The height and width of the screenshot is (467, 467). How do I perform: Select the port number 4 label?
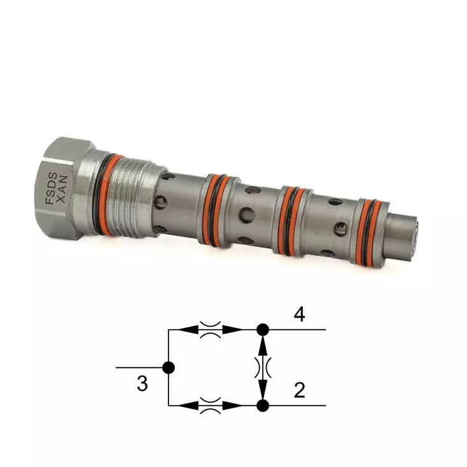[299, 314]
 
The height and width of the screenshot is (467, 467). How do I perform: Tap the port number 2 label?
[299, 390]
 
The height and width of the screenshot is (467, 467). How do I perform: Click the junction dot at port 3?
[168, 367]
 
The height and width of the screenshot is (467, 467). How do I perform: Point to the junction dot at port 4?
[262, 330]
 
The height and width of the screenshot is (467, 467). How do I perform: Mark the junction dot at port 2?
[262, 405]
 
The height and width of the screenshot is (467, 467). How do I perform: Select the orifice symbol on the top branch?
[210, 330]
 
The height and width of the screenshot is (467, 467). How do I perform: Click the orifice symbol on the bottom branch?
[210, 405]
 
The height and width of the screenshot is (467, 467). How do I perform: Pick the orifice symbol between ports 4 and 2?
[262, 367]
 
